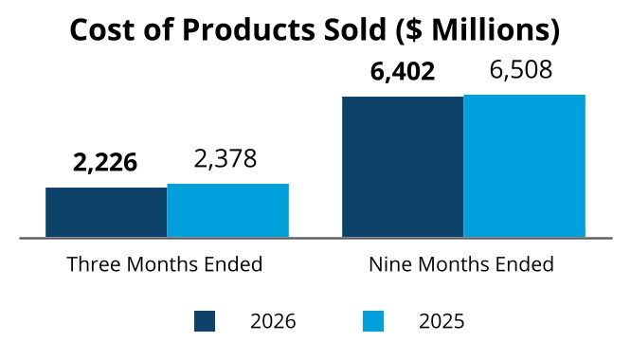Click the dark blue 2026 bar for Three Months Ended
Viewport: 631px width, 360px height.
(106, 212)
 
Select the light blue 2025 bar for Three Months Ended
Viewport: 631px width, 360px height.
(227, 210)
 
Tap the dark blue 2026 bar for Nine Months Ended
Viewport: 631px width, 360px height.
(403, 167)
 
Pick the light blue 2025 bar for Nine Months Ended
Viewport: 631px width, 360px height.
(524, 166)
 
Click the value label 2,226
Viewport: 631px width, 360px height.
(105, 163)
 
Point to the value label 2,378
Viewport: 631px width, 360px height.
(225, 159)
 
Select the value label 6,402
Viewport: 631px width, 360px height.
(403, 72)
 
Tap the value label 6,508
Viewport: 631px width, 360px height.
(521, 70)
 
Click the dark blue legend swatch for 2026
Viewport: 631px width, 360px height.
(205, 321)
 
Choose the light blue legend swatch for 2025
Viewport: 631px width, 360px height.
(373, 321)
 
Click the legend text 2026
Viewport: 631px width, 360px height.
(273, 321)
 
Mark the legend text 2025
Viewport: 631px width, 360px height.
(442, 321)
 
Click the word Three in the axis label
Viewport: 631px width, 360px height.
(94, 264)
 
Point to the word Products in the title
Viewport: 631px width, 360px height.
(248, 29)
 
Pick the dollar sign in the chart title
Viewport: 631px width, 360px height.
(413, 30)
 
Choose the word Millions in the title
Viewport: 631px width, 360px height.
(490, 29)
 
